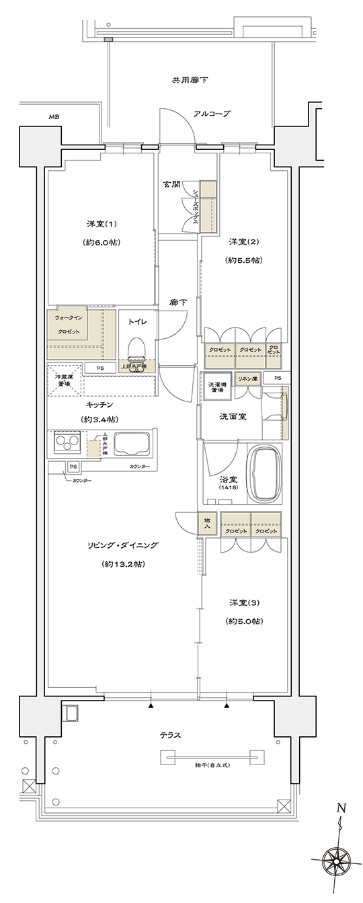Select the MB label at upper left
click(x=54, y=118)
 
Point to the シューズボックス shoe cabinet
click(x=208, y=207)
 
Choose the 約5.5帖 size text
click(x=244, y=260)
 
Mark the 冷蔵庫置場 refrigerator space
click(x=65, y=379)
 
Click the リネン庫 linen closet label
click(x=247, y=379)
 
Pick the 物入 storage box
click(x=207, y=522)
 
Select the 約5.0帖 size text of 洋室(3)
click(x=244, y=621)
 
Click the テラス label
click(x=171, y=735)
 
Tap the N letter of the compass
click(x=341, y=809)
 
